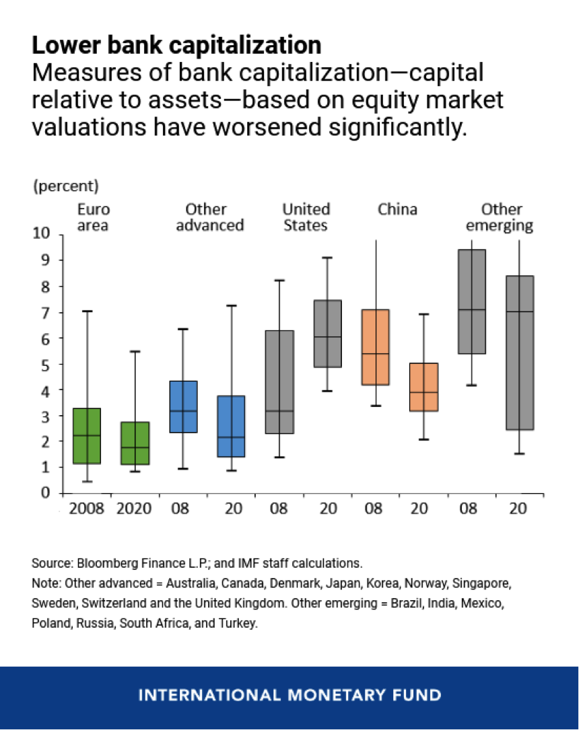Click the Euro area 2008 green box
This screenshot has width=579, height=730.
pyautogui.click(x=87, y=436)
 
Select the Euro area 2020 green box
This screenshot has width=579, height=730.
pyautogui.click(x=135, y=443)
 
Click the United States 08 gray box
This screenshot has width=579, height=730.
pyautogui.click(x=279, y=381)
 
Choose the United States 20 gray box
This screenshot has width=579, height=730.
pyautogui.click(x=328, y=333)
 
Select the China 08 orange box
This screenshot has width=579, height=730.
pyautogui.click(x=376, y=346)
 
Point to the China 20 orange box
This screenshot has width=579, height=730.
pyautogui.click(x=424, y=387)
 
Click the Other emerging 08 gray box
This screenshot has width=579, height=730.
pyautogui.click(x=472, y=301)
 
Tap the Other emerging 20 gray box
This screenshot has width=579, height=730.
pyautogui.click(x=520, y=353)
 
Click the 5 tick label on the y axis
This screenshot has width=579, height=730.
pyautogui.click(x=46, y=364)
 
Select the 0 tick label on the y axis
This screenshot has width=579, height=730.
pyautogui.click(x=46, y=493)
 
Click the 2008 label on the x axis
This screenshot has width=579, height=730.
pyautogui.click(x=87, y=508)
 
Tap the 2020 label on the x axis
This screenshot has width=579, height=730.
pyautogui.click(x=135, y=508)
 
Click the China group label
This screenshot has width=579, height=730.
pyautogui.click(x=397, y=209)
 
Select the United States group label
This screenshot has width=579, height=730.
pyautogui.click(x=306, y=217)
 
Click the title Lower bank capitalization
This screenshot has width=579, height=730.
pyautogui.click(x=176, y=45)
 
